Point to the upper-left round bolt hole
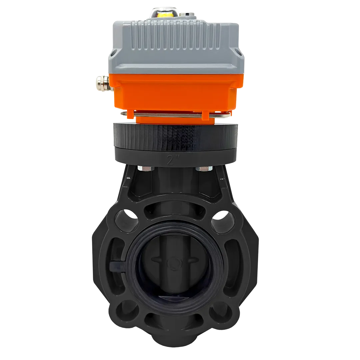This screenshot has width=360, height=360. coord(127,219)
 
